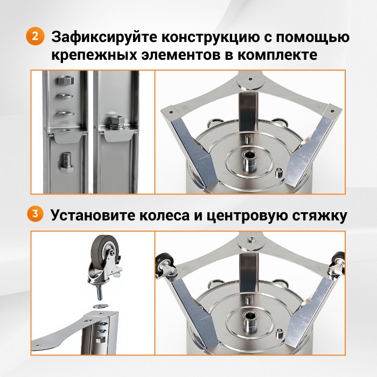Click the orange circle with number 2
pyautogui.click(x=36, y=36)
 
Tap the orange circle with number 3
pyautogui.click(x=35, y=213)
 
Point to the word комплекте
pyautogui.click(x=277, y=55)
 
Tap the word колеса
pyautogui.click(x=164, y=215)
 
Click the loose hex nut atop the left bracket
pyautogui.click(x=65, y=80)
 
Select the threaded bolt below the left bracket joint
pyautogui.click(x=67, y=162)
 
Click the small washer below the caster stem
pyautogui.click(x=101, y=306)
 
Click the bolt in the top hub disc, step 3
pyautogui.click(x=250, y=239)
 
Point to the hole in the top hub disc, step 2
pyautogui.click(x=250, y=79)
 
